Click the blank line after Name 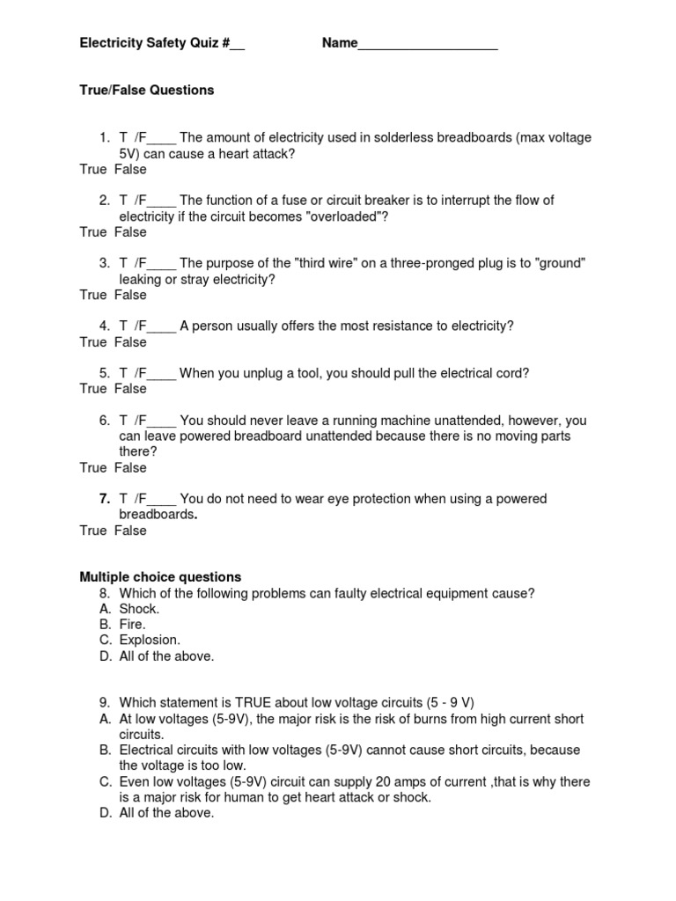coord(428,44)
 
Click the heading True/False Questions coord(147,90)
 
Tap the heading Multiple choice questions coord(160,577)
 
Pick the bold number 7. coord(104,499)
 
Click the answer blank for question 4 coord(162,327)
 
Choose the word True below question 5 coord(92,388)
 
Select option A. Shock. coord(139,609)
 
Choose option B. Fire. coord(133,625)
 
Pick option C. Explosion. coord(150,640)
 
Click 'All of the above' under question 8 coord(166,656)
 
